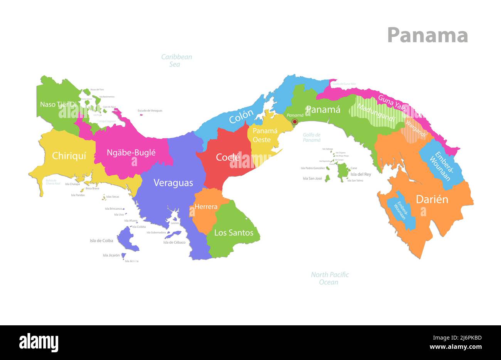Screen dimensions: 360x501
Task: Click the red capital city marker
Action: pyautogui.click(x=295, y=122)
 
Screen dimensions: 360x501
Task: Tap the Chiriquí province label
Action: pyautogui.click(x=69, y=156)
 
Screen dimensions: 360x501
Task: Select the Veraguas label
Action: pyautogui.click(x=173, y=183)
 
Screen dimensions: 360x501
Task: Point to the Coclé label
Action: pyautogui.click(x=228, y=157)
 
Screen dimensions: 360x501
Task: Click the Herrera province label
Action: pyautogui.click(x=206, y=207)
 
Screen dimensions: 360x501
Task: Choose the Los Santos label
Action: pyautogui.click(x=234, y=232)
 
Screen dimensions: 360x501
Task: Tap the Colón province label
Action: pyautogui.click(x=241, y=116)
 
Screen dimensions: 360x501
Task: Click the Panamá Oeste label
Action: pyautogui.click(x=265, y=135)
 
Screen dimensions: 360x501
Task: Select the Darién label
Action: pyautogui.click(x=432, y=199)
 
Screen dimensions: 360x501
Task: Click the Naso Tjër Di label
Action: pyautogui.click(x=58, y=104)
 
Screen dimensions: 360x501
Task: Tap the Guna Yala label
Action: pyautogui.click(x=392, y=103)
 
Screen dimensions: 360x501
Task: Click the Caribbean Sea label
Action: pyautogui.click(x=176, y=61)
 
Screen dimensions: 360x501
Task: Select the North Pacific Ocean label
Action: pyautogui.click(x=330, y=278)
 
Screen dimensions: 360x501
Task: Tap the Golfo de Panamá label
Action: pyautogui.click(x=312, y=137)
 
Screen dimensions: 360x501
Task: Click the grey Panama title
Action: pyautogui.click(x=427, y=35)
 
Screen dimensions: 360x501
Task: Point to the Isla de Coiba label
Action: pyautogui.click(x=101, y=241)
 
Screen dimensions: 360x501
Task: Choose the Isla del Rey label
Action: pyautogui.click(x=361, y=174)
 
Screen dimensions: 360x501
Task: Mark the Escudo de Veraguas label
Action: pyautogui.click(x=150, y=111)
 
